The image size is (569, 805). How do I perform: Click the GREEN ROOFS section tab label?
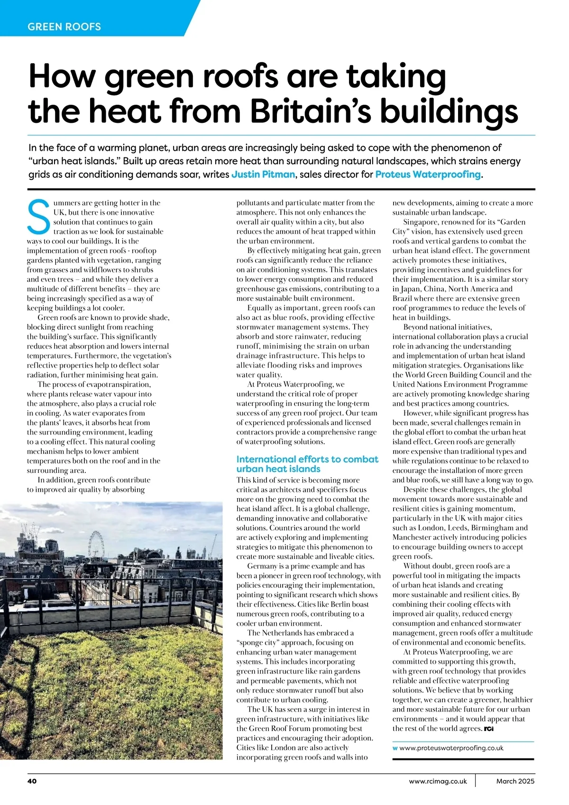64,27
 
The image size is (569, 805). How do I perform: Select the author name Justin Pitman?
263,174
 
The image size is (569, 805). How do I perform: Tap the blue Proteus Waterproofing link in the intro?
428,174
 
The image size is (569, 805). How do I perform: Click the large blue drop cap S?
38,217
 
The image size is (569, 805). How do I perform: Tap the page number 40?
32,781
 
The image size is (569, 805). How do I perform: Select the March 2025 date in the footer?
515,781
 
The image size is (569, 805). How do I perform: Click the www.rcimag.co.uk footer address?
438,781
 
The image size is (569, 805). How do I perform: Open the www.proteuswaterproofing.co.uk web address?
451,748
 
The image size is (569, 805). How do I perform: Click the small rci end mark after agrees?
489,729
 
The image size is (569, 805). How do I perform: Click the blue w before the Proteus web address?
395,748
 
